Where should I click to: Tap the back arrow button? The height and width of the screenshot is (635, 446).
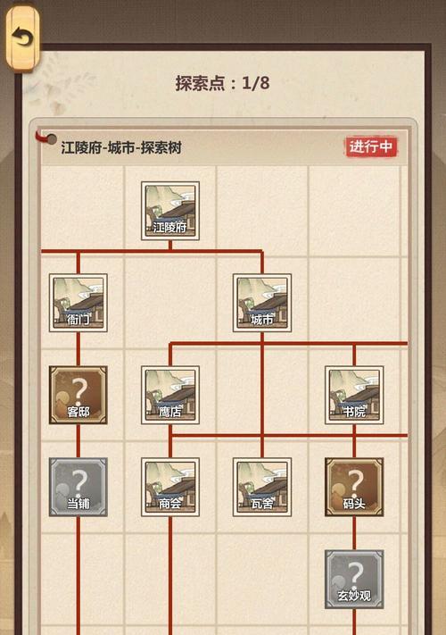click(x=22, y=38)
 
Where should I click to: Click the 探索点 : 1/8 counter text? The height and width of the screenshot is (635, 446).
click(x=223, y=83)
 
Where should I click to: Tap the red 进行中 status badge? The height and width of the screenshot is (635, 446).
click(x=371, y=146)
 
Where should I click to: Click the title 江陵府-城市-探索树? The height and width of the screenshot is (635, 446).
click(x=121, y=147)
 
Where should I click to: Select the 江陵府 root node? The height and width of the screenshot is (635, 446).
click(x=170, y=211)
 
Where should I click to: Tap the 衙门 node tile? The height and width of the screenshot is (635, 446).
click(x=78, y=303)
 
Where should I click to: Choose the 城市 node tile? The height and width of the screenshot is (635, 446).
click(x=262, y=303)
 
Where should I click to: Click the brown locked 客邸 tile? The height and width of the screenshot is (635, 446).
click(x=78, y=396)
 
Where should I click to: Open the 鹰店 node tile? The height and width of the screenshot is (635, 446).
click(x=170, y=396)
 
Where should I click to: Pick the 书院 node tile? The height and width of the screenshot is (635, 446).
click(x=354, y=396)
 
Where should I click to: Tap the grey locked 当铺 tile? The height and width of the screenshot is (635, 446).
click(x=78, y=487)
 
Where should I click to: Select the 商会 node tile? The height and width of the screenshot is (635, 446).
click(x=170, y=487)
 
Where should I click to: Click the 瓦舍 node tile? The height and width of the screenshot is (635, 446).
click(x=262, y=487)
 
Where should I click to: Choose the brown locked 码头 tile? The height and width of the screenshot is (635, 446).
click(x=354, y=487)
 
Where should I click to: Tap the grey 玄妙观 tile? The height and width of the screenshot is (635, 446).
click(x=354, y=580)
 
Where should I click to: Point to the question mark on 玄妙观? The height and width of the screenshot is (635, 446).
click(x=355, y=574)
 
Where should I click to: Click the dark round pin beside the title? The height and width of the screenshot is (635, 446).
click(x=52, y=139)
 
